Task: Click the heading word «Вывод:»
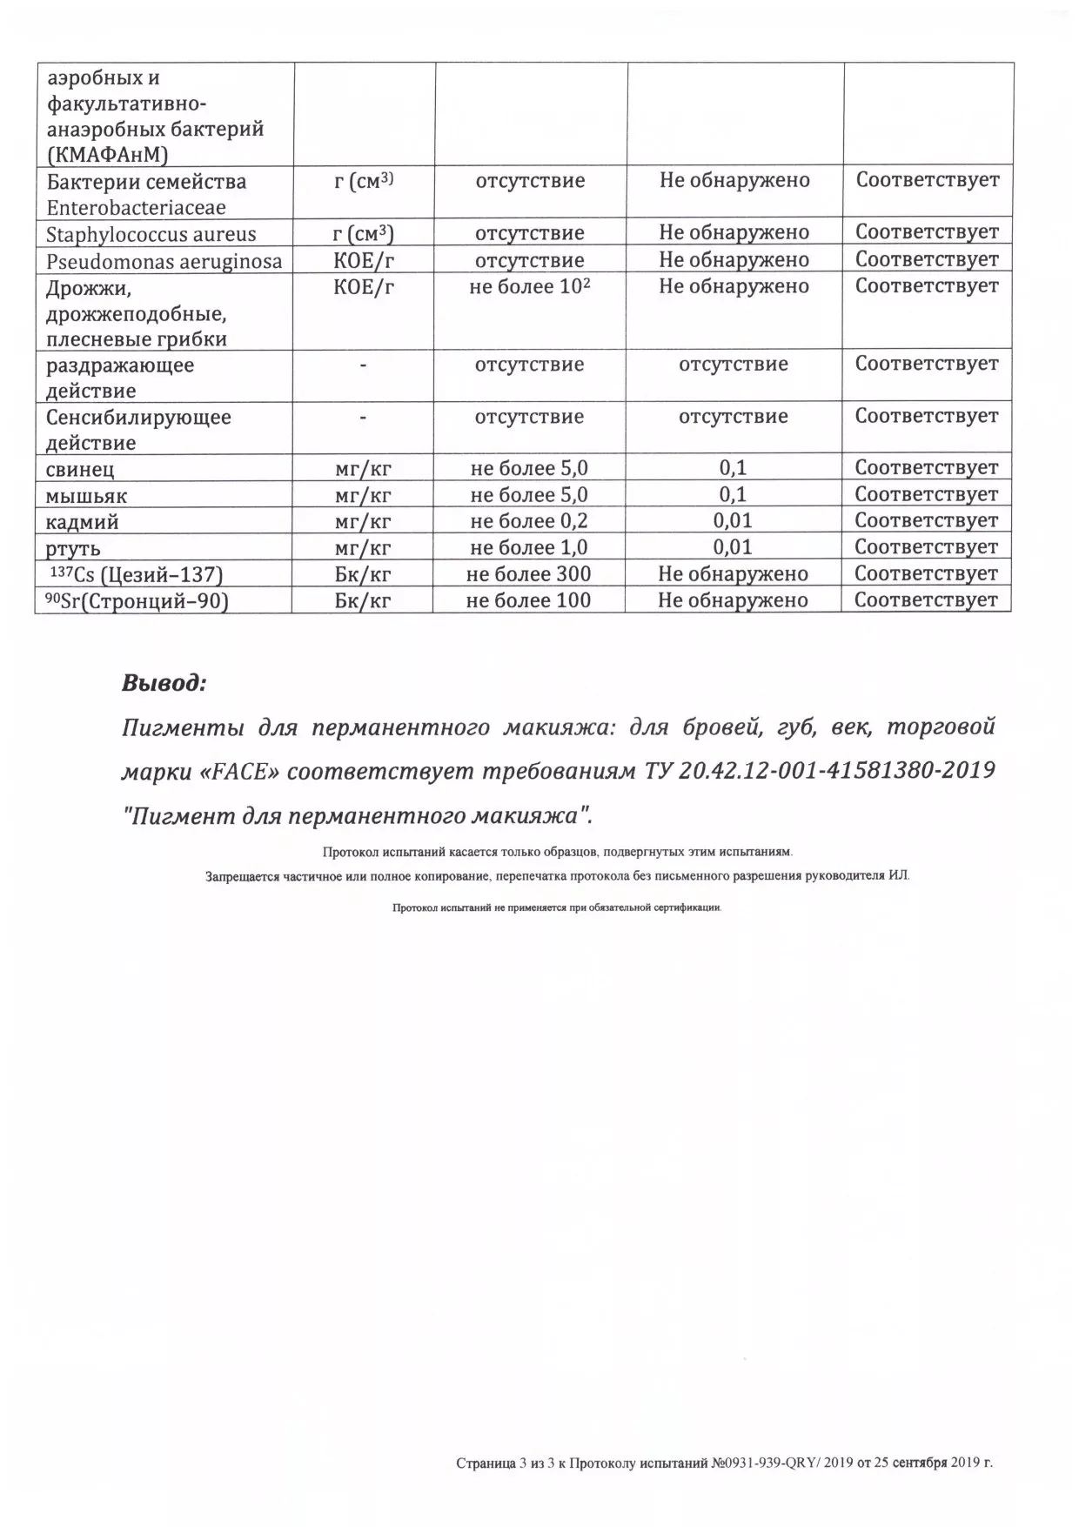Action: (164, 683)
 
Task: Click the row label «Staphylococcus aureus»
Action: (151, 234)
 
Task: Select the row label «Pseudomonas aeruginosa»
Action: (164, 261)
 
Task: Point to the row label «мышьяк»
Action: (86, 496)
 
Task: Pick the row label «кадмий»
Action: (83, 522)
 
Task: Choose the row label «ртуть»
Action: (73, 549)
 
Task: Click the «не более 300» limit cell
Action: (528, 574)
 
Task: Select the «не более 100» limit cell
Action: (528, 600)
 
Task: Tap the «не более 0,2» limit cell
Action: (528, 521)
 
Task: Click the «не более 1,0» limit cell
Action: (528, 547)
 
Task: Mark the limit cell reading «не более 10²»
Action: (529, 286)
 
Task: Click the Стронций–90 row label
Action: (137, 601)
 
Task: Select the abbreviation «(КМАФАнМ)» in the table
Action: (107, 156)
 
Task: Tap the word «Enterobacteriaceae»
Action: (136, 208)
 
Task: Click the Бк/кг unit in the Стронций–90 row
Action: (362, 600)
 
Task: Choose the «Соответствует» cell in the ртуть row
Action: (926, 547)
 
